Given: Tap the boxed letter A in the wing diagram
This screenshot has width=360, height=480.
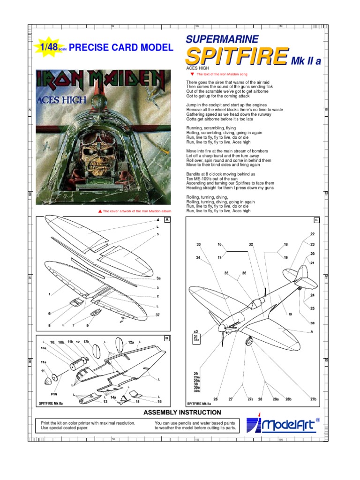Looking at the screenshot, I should click(166, 219).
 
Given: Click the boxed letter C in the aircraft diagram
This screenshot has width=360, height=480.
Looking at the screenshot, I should click(316, 220).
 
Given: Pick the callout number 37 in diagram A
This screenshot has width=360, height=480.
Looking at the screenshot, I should click(158, 315).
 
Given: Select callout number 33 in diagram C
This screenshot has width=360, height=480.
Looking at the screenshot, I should click(198, 245).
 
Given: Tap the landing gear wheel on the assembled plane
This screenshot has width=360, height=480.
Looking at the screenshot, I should click(249, 342).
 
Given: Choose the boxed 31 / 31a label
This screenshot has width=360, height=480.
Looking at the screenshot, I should click(196, 338).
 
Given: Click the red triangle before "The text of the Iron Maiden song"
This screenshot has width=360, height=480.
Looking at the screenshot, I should click(192, 74).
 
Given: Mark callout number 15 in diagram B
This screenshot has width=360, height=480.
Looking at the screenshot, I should click(159, 402).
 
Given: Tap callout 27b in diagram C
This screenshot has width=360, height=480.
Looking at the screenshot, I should click(313, 399).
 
